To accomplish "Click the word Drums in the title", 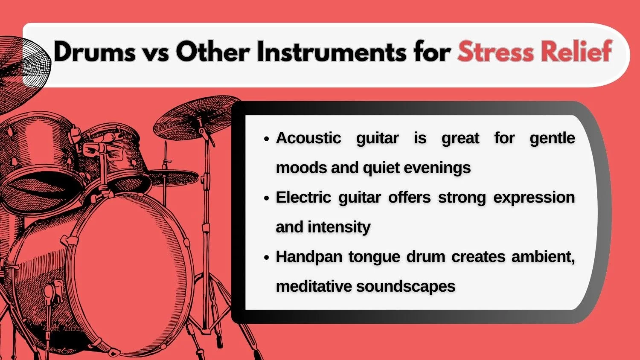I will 94,52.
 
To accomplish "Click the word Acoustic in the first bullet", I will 308,138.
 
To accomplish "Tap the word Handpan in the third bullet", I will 308,257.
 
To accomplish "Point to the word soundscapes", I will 406,286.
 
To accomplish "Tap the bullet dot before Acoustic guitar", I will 267,139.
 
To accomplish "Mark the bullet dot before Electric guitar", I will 267,198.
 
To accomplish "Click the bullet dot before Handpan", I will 267,258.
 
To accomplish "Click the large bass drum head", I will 128,273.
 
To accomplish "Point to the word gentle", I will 552,138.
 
